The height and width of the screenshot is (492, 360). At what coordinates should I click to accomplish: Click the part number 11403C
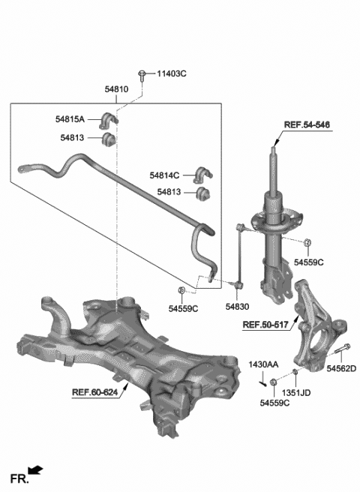pyautogui.click(x=171, y=74)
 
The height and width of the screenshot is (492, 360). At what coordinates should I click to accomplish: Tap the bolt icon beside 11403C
pyautogui.click(x=142, y=73)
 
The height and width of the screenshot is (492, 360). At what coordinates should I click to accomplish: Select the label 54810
pyautogui.click(x=116, y=89)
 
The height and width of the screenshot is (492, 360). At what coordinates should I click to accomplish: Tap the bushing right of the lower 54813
pyautogui.click(x=202, y=194)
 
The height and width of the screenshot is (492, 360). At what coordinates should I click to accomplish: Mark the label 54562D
pyautogui.click(x=340, y=367)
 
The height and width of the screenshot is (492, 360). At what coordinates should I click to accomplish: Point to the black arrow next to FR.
pyautogui.click(x=35, y=471)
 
